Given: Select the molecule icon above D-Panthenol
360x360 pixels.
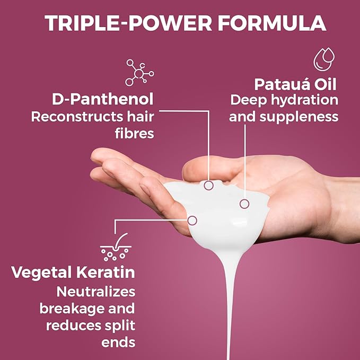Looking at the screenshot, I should (139, 73).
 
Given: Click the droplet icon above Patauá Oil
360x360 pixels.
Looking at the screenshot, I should (325, 59).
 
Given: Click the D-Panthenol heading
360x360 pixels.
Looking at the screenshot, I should (103, 99).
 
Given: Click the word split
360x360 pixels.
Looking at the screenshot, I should (120, 325).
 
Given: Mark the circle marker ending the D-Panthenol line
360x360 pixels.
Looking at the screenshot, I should (209, 186).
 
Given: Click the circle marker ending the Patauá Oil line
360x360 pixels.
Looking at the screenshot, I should (244, 204).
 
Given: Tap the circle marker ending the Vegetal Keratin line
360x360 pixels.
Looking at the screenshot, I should (192, 219).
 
